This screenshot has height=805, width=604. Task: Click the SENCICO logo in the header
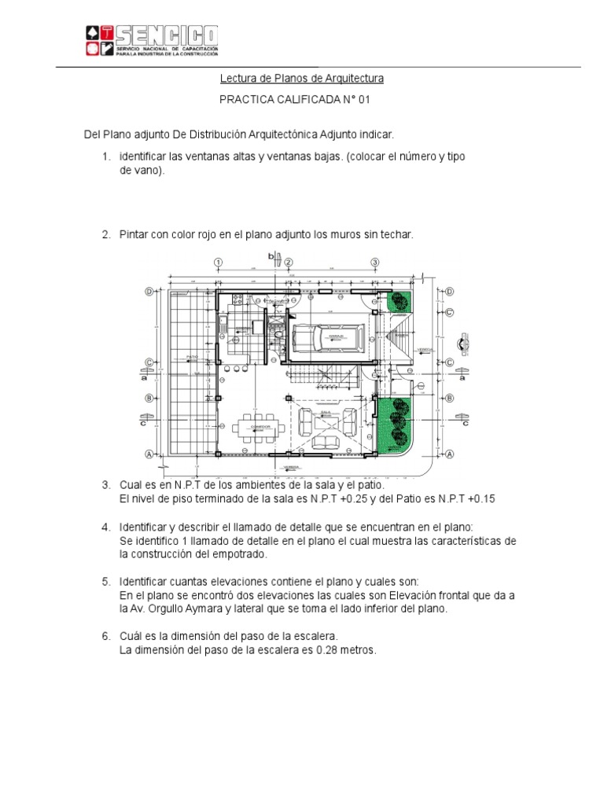pyautogui.click(x=151, y=40)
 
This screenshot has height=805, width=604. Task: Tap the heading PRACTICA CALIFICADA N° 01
pyautogui.click(x=293, y=101)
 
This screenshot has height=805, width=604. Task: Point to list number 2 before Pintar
pyautogui.click(x=105, y=235)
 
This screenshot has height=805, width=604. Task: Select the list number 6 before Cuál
pyautogui.click(x=105, y=635)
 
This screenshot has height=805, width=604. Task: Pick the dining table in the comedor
pyautogui.click(x=254, y=427)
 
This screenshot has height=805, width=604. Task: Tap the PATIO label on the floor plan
pyautogui.click(x=191, y=356)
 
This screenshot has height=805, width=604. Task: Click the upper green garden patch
pyautogui.click(x=399, y=303)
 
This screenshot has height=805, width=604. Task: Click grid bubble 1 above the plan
pyautogui.click(x=218, y=262)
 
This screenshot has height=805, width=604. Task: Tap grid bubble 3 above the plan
pyautogui.click(x=375, y=262)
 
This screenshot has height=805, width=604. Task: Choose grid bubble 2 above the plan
pyautogui.click(x=289, y=262)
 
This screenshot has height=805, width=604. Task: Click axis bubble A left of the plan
pyautogui.click(x=148, y=454)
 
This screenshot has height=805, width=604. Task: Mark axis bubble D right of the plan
pyautogui.click(x=450, y=292)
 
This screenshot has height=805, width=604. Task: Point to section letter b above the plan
pyautogui.click(x=271, y=256)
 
